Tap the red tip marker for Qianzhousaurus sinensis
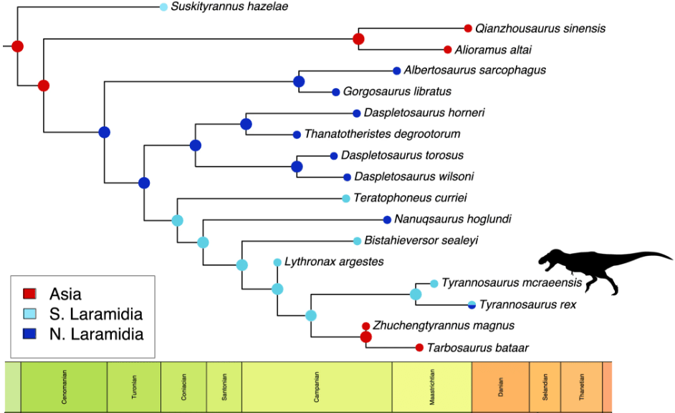pyautogui.click(x=468, y=29)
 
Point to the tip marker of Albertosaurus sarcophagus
pyautogui.click(x=396, y=70)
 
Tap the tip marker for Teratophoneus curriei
pyautogui.click(x=346, y=198)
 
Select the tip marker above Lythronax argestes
pyautogui.click(x=277, y=262)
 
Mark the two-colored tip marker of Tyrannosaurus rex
pyautogui.click(x=471, y=305)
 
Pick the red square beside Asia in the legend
pyautogui.click(x=30, y=294)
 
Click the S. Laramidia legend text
pyautogui.click(x=96, y=314)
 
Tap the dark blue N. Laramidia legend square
pyautogui.click(x=30, y=334)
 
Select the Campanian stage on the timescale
pyautogui.click(x=317, y=387)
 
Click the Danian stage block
pyautogui.click(x=500, y=387)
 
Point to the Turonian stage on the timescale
pyautogui.click(x=134, y=387)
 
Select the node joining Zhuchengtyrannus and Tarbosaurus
pyautogui.click(x=365, y=337)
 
